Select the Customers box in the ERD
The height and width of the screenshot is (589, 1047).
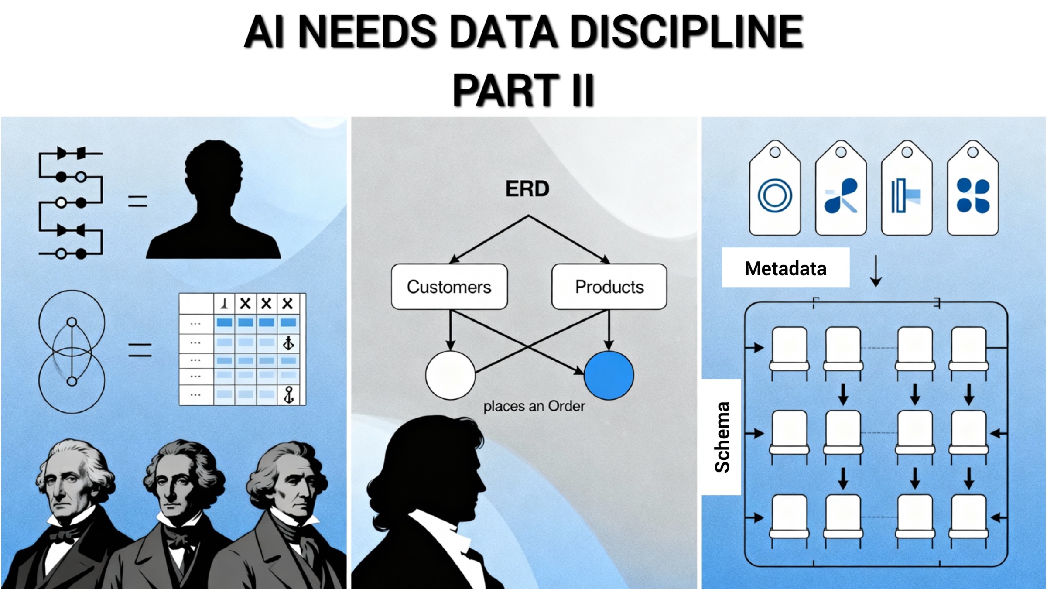tap(449, 287)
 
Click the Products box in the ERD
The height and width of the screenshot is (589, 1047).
tap(609, 287)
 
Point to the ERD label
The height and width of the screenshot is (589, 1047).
tap(527, 189)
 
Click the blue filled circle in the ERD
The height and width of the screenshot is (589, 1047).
tap(609, 375)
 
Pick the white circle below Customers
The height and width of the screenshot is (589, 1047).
tap(450, 375)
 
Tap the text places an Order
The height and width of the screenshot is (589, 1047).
tap(534, 406)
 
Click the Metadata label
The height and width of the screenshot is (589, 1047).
tap(785, 268)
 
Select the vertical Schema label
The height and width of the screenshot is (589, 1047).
tap(722, 437)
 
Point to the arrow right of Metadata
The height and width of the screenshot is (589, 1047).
tap(876, 271)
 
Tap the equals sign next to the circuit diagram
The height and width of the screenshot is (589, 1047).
tap(137, 201)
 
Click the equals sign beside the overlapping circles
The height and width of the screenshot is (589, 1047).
tap(140, 350)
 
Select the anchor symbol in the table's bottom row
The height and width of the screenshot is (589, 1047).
tap(288, 395)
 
